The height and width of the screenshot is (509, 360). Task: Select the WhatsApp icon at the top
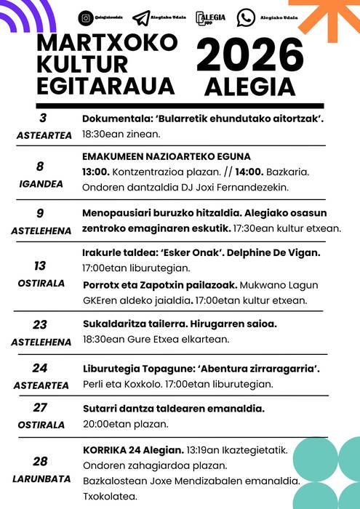coord(247,16)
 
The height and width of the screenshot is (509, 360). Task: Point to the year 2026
coord(250,57)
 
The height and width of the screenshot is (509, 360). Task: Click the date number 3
coord(42,119)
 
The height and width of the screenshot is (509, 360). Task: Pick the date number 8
coord(41,167)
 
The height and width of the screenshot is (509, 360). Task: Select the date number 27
coord(41,408)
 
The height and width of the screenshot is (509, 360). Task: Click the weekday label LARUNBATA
coord(41,478)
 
